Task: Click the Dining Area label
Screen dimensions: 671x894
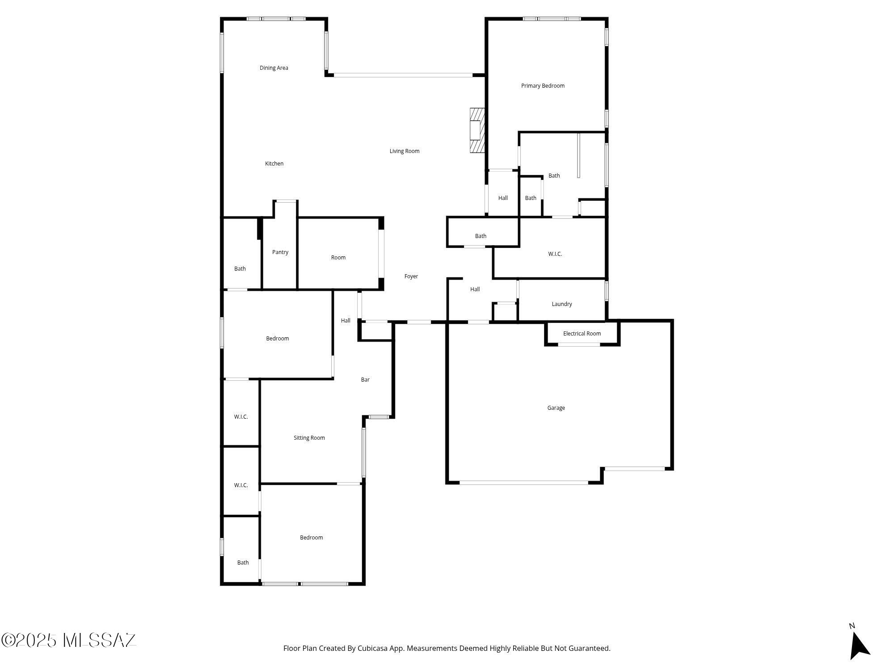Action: pos(274,68)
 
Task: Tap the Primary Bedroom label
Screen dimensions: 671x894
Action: pos(543,86)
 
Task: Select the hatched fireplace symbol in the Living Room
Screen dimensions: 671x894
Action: pos(477,130)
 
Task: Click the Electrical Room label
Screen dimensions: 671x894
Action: pos(582,334)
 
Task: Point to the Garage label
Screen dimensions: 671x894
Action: pos(556,408)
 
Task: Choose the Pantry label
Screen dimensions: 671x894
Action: pos(280,252)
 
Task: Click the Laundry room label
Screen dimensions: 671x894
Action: pos(561,304)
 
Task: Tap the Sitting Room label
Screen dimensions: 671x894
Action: pos(309,438)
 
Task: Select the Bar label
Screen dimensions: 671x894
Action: pos(365,380)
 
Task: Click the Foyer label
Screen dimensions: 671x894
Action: pos(411,276)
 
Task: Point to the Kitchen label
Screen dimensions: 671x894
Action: pos(274,164)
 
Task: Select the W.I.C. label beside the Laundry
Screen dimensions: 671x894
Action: pos(555,254)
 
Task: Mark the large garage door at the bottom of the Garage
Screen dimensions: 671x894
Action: pos(523,483)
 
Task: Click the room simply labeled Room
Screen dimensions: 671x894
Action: pos(338,258)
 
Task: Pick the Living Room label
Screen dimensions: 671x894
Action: pos(404,151)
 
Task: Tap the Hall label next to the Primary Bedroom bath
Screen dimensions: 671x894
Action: pos(503,198)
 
